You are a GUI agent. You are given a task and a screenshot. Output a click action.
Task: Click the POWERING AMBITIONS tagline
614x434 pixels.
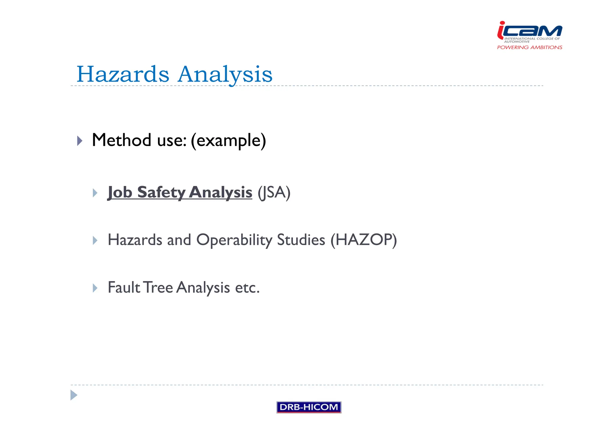click(x=529, y=47)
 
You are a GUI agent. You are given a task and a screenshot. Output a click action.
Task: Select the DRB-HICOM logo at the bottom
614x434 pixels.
click(x=309, y=407)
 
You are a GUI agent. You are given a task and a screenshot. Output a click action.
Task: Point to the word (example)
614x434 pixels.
click(x=228, y=141)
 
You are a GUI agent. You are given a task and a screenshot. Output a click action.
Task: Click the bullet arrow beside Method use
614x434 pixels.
click(x=79, y=141)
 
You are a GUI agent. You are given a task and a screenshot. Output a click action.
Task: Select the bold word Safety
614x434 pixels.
click(x=161, y=192)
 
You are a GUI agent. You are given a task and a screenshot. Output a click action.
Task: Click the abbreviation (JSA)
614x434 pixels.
click(x=274, y=192)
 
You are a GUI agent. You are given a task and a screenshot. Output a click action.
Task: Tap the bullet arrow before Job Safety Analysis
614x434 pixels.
click(x=95, y=193)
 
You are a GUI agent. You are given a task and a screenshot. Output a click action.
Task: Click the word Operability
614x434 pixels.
click(x=234, y=240)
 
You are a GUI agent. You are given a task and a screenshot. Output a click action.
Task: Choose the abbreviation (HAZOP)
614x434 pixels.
click(x=364, y=240)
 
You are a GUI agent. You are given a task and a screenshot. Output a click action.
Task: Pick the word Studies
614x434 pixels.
click(x=301, y=240)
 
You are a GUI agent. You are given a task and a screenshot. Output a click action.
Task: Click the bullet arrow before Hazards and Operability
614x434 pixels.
click(x=95, y=240)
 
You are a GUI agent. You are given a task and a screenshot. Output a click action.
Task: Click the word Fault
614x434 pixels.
click(x=124, y=287)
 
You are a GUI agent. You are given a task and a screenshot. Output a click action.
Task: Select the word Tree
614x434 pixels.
click(x=158, y=287)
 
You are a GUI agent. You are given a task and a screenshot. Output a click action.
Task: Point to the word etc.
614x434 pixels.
click(x=247, y=288)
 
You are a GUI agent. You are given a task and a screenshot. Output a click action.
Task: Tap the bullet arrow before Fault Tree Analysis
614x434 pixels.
click(x=95, y=288)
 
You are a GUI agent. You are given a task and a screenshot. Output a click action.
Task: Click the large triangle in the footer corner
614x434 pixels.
click(x=73, y=395)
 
